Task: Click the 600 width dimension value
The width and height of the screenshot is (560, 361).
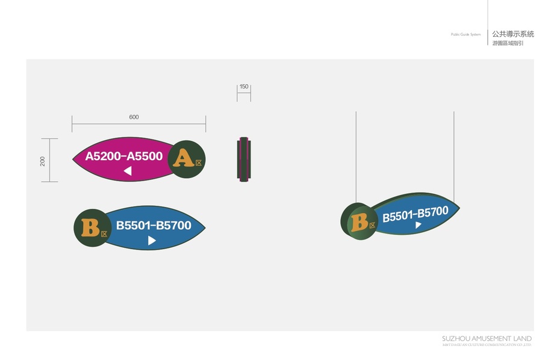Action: (x=134, y=117)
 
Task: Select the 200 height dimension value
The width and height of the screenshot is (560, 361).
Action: (x=43, y=161)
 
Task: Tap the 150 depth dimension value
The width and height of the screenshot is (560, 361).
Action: (x=244, y=87)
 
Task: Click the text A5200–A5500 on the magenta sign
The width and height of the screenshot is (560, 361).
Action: (x=124, y=156)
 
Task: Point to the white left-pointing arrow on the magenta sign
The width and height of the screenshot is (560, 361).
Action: (x=128, y=171)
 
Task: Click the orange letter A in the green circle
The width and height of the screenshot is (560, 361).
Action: (x=183, y=158)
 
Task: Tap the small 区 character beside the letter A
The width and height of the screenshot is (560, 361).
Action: (x=199, y=162)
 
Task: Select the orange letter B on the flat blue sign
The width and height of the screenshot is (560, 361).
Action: (x=90, y=228)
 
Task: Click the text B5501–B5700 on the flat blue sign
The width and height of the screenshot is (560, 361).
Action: (x=154, y=226)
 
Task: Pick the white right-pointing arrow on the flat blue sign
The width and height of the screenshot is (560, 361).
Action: (x=152, y=241)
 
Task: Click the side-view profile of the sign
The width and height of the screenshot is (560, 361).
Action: (x=244, y=159)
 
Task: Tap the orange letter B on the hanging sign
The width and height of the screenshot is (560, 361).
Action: (x=359, y=222)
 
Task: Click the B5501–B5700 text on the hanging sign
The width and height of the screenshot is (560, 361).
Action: (x=415, y=213)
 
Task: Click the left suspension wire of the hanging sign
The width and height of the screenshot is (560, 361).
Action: (x=356, y=156)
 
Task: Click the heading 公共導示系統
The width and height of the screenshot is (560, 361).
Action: (x=512, y=34)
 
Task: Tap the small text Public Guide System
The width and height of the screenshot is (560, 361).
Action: (x=466, y=35)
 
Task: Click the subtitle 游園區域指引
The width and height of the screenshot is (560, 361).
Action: (x=508, y=44)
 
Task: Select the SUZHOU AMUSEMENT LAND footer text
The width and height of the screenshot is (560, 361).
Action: (x=487, y=339)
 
